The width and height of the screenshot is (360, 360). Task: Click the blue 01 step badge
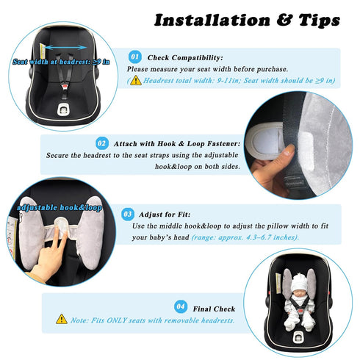(135, 57)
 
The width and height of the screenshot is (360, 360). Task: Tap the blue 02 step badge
(102, 143)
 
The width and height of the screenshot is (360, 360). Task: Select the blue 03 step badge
(128, 215)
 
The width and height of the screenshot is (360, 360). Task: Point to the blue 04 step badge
(181, 306)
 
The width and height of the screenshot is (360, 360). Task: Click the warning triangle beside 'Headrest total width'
(136, 80)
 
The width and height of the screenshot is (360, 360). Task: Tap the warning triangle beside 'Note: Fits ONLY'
(62, 319)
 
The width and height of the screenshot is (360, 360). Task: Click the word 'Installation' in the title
(212, 20)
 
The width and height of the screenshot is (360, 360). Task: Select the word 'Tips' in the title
(319, 21)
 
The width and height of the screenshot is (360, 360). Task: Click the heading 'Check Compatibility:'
(185, 58)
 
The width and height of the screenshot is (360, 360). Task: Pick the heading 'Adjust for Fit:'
(165, 215)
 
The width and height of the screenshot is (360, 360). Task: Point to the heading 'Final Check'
(214, 309)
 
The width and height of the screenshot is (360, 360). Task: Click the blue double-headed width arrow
(65, 47)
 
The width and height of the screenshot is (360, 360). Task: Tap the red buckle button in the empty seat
(65, 86)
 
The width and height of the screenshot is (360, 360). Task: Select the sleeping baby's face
(300, 291)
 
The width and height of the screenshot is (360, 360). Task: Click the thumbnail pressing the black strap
(289, 149)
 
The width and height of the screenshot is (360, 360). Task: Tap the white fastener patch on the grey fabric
(306, 151)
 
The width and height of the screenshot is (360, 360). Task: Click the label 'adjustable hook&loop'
(60, 208)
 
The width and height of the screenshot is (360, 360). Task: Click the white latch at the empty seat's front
(63, 109)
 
